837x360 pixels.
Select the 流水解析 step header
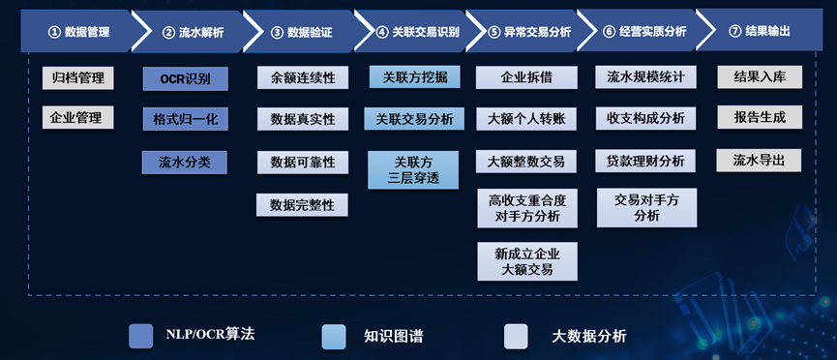[x=193, y=32]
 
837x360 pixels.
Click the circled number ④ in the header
[x=382, y=32]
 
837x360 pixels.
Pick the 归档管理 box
[x=78, y=78]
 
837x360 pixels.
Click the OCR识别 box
[x=185, y=79]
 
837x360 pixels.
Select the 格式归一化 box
[x=185, y=119]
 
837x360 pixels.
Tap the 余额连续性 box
[x=303, y=77]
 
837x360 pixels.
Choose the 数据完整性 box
[x=302, y=204]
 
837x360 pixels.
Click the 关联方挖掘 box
[x=415, y=76]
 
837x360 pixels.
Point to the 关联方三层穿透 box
[x=413, y=170]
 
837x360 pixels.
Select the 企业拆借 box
[x=526, y=77]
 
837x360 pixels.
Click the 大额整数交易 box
[x=525, y=162]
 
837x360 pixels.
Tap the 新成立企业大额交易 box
[x=527, y=261]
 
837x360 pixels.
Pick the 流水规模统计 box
[x=646, y=76]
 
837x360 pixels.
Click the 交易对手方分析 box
[x=647, y=208]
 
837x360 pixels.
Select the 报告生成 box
[x=760, y=117]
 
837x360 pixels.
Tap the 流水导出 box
[x=759, y=161]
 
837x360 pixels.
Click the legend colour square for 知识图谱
[x=334, y=337]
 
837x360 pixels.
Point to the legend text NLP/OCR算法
[x=210, y=335]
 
